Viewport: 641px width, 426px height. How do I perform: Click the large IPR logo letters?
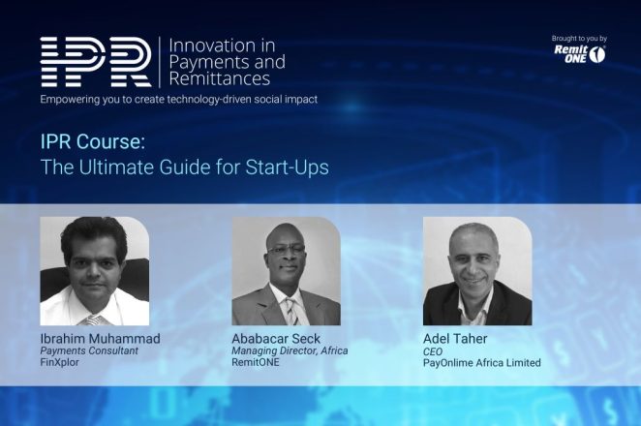coord(95,62)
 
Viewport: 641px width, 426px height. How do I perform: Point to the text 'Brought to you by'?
coord(579,39)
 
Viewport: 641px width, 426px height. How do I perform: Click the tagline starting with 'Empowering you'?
coord(178,99)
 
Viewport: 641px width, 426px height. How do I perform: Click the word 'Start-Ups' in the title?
coord(290,167)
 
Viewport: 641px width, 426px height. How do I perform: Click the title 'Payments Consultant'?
coord(89,350)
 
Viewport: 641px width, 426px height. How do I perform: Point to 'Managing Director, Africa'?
coord(290,350)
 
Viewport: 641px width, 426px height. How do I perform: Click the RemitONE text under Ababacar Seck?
coord(259,363)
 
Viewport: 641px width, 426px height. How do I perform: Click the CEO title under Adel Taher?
coord(433,350)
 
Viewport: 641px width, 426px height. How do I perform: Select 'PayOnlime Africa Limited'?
coord(481,363)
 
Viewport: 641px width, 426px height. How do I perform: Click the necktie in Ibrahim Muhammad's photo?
coord(93,319)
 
